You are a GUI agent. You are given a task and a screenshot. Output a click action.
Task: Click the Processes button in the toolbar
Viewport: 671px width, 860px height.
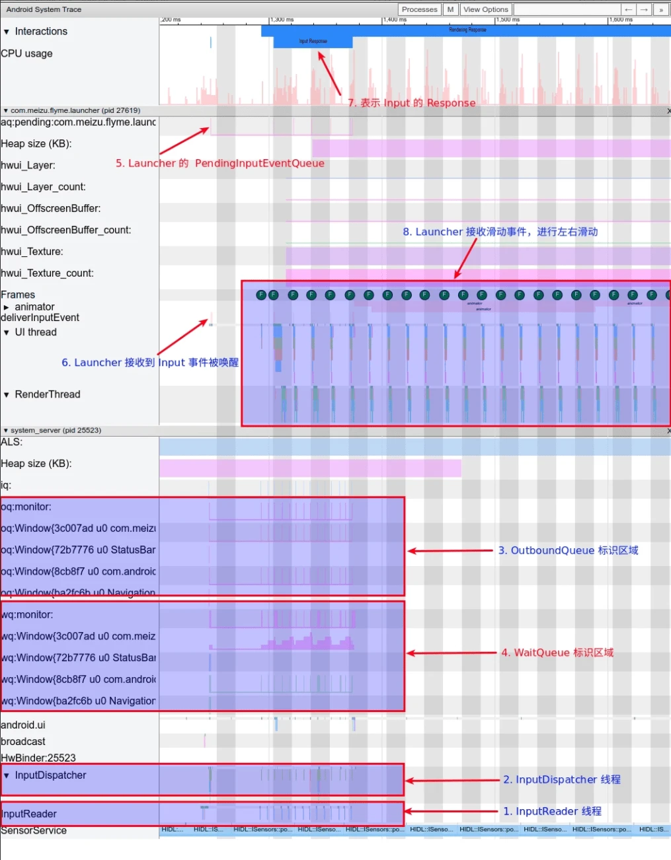[419, 9]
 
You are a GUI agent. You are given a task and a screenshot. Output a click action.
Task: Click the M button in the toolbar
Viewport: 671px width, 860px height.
[450, 9]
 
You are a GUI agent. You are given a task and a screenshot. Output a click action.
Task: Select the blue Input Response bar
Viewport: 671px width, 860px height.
[313, 42]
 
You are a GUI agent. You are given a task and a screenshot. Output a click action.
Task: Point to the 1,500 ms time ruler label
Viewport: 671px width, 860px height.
[508, 20]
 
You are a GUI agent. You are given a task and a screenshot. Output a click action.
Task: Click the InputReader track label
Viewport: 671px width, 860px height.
[29, 814]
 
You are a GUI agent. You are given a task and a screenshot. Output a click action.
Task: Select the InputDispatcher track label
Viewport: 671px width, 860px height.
[50, 775]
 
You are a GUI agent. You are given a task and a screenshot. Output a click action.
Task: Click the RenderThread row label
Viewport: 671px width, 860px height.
[47, 394]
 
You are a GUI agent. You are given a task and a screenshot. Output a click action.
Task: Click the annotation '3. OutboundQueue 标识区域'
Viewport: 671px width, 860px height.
[568, 550]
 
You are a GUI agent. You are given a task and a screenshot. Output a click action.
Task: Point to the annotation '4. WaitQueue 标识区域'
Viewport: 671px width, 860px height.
[557, 653]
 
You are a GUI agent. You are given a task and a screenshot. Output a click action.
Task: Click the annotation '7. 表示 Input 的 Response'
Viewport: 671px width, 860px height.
[411, 103]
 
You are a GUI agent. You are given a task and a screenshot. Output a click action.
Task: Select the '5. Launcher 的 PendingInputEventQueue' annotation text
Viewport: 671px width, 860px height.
[219, 163]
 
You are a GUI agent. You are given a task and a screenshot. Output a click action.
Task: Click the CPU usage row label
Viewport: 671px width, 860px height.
[26, 54]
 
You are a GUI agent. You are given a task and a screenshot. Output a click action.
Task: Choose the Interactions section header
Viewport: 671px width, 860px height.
[40, 32]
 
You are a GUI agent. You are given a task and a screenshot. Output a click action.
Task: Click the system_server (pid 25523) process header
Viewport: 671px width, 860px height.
[56, 430]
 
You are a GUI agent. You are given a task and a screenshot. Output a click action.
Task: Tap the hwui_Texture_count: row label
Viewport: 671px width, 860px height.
[47, 273]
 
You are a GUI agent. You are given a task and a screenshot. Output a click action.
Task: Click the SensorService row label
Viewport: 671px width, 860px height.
[34, 831]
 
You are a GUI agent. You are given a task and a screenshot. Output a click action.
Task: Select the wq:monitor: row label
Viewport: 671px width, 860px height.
[27, 615]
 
